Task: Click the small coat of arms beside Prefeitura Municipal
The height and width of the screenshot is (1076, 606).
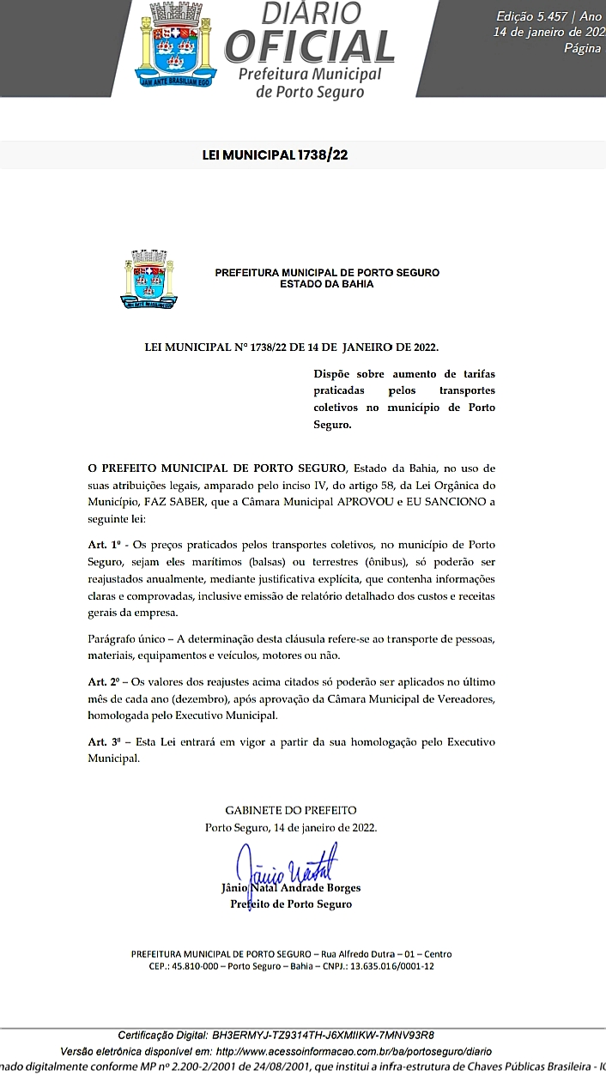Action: coord(148,279)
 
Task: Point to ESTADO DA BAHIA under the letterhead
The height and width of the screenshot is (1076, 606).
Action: coord(327,284)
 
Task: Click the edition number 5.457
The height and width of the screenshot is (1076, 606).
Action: coord(537,17)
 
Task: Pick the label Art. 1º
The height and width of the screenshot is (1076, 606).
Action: coord(104,545)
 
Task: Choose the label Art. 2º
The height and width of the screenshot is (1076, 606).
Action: coord(104,681)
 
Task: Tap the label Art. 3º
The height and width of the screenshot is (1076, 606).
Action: coord(104,742)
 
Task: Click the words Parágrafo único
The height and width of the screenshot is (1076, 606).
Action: coord(130,640)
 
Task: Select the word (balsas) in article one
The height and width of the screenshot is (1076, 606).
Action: coord(333,562)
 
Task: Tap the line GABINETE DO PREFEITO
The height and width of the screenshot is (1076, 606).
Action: coord(291,810)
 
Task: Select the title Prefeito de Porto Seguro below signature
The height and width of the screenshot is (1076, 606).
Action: coord(291,904)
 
